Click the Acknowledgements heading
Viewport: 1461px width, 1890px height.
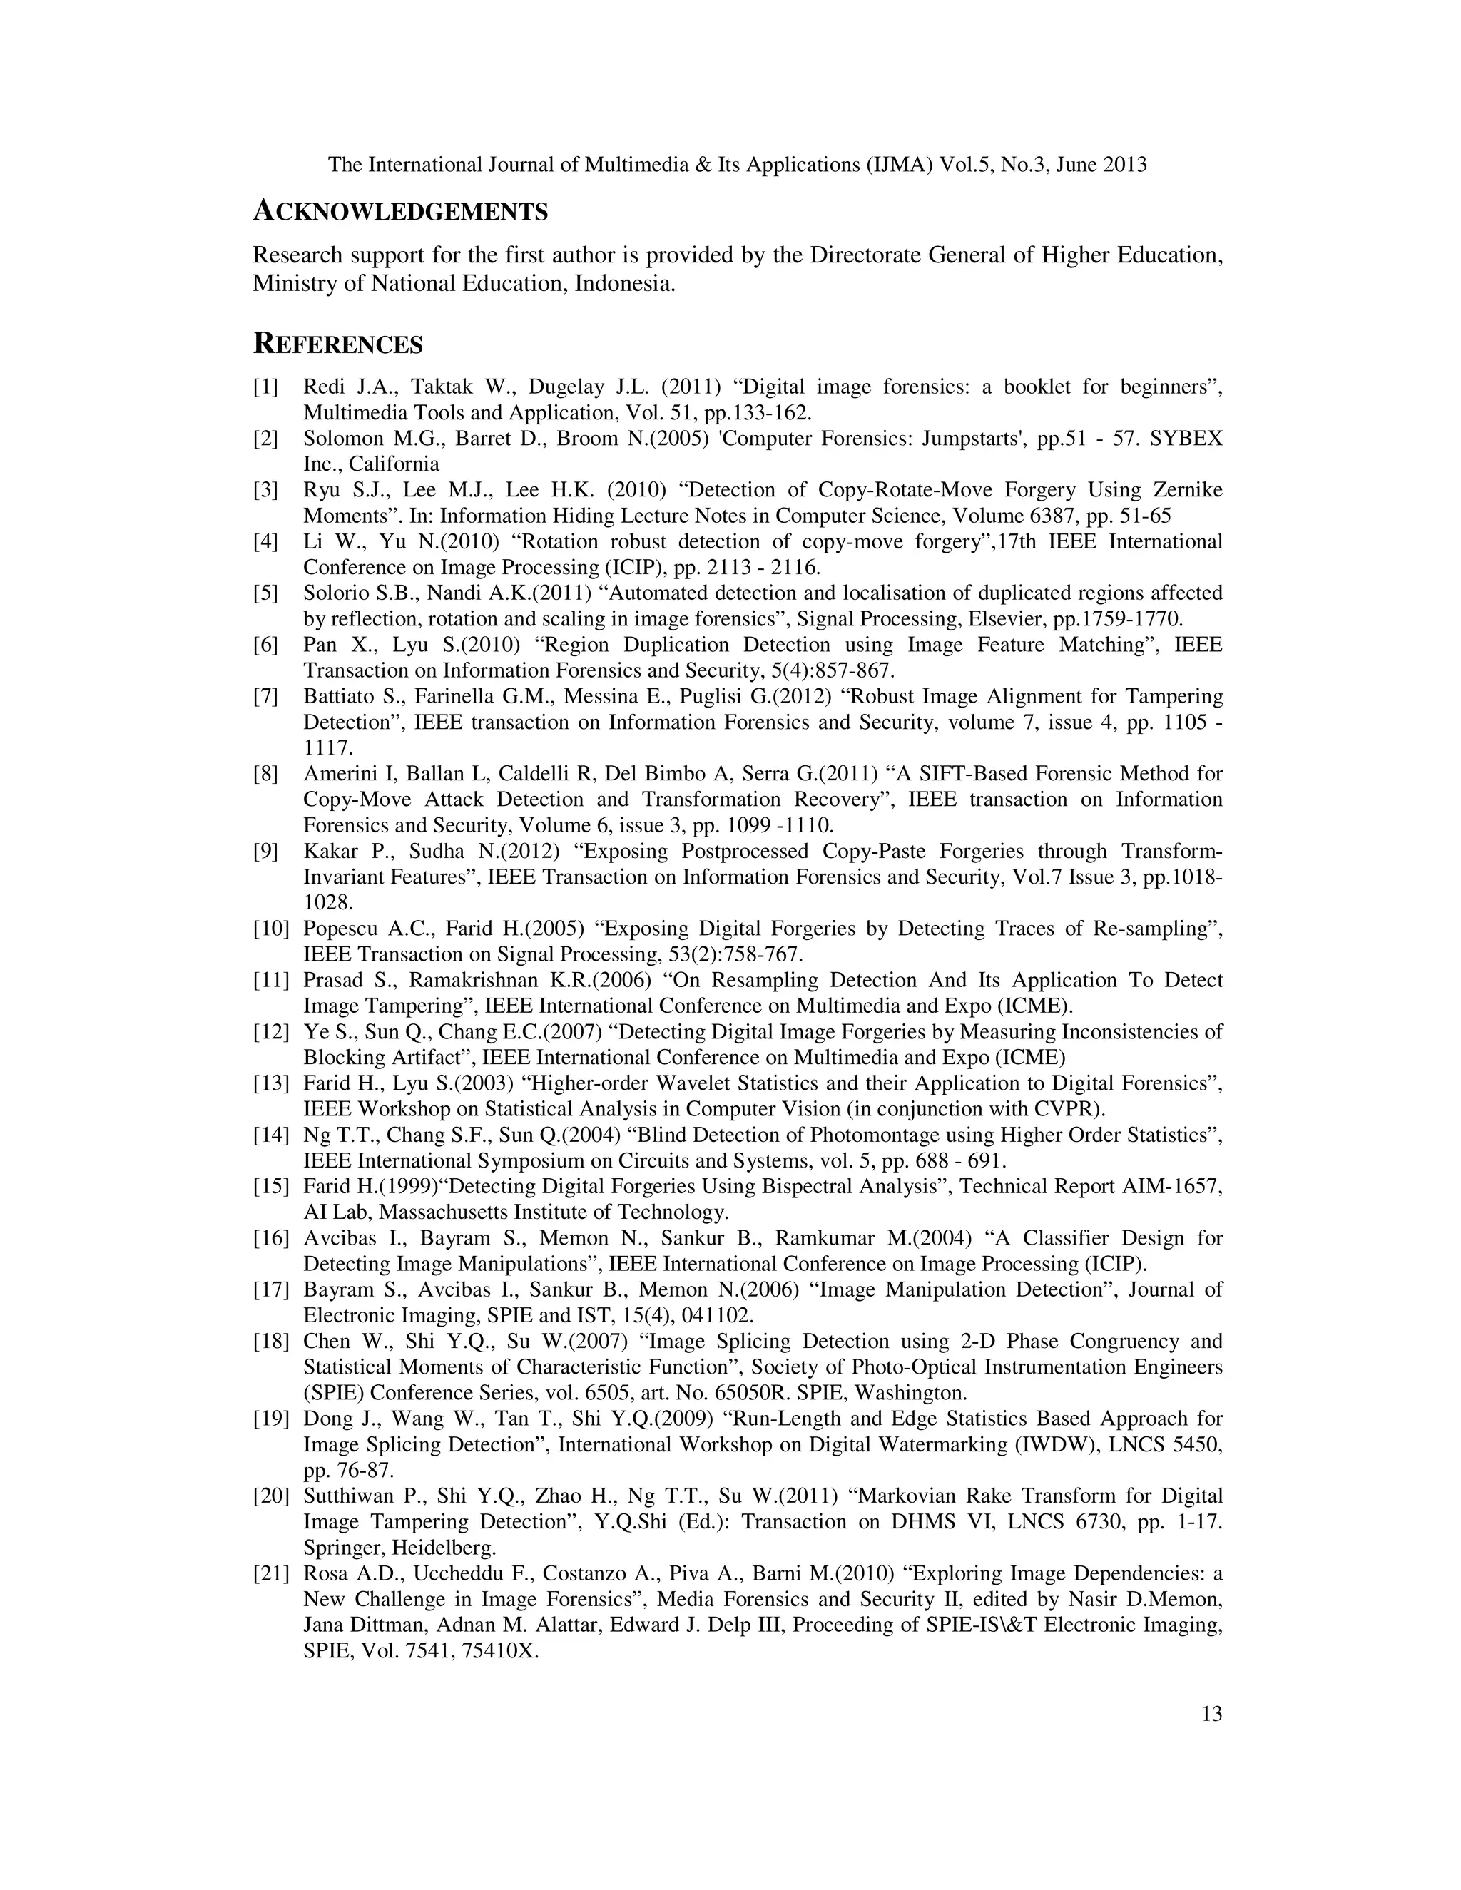click(x=400, y=211)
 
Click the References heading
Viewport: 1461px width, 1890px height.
click(x=337, y=344)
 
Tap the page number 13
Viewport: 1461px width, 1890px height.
click(x=1212, y=1713)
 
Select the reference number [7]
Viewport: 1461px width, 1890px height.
click(x=265, y=697)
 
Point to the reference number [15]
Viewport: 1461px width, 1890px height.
click(x=270, y=1187)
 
